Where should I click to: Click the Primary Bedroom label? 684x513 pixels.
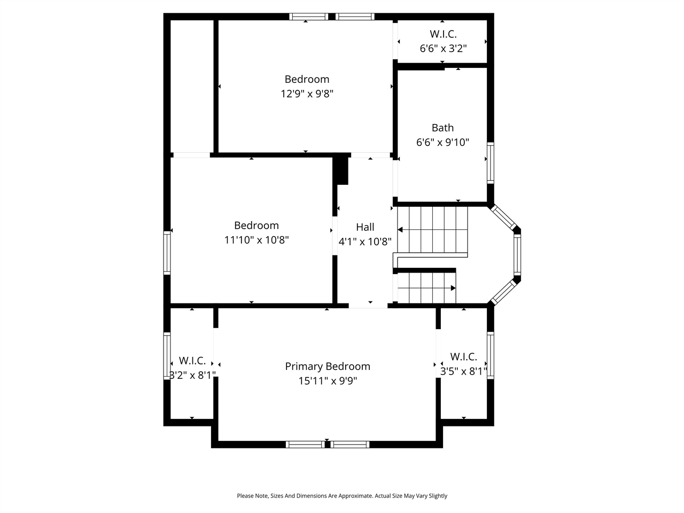(327, 366)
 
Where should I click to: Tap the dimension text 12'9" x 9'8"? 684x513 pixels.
(307, 94)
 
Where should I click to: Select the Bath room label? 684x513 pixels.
(442, 128)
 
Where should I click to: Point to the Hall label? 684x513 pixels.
(365, 227)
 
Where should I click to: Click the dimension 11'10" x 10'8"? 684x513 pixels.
(256, 240)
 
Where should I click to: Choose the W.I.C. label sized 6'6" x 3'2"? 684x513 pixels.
(443, 34)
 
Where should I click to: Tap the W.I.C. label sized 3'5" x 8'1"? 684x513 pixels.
(463, 356)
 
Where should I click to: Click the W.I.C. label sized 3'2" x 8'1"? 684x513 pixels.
(192, 361)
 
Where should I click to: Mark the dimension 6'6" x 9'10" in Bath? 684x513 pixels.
(442, 143)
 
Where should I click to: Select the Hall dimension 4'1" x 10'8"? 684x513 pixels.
(365, 242)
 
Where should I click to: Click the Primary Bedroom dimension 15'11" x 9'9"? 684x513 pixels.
(327, 381)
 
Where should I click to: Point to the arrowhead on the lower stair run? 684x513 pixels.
(453, 288)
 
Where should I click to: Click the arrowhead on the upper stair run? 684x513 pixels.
(400, 230)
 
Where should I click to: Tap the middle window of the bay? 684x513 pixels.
(517, 255)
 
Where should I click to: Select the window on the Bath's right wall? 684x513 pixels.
(490, 163)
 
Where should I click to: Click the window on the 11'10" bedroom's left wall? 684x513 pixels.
(167, 253)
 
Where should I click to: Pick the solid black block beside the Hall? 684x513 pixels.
(341, 170)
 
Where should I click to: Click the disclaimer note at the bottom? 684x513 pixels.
(342, 496)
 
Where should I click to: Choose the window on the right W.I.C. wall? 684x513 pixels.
(490, 355)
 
